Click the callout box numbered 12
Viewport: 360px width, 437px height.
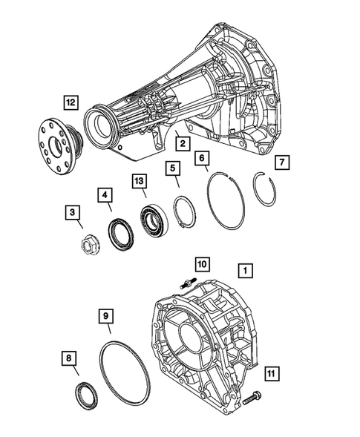tap(69, 102)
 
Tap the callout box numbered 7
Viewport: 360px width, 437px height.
tap(281, 162)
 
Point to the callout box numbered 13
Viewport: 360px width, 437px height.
tap(140, 180)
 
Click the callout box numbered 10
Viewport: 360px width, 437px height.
tap(201, 263)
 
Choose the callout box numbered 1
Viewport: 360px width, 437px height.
tap(245, 271)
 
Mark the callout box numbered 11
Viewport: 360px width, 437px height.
tap(272, 374)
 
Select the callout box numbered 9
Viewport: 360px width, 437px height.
tap(107, 318)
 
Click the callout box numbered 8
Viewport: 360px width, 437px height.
tap(70, 359)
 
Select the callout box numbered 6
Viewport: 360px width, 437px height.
tap(203, 159)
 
